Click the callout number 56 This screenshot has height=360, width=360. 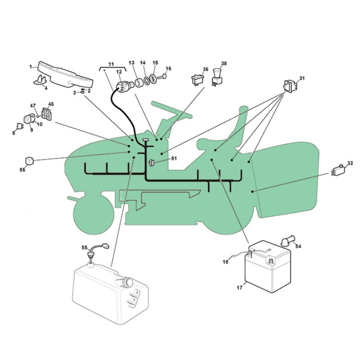pyautogui.click(x=22, y=170)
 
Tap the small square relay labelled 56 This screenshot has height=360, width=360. pyautogui.click(x=30, y=161)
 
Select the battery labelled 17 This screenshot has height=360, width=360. pyautogui.click(x=268, y=266)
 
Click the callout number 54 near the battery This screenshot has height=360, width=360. pyautogui.click(x=298, y=246)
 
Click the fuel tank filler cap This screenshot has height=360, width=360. pyautogui.click(x=128, y=282)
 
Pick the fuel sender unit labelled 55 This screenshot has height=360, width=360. pyautogui.click(x=97, y=252)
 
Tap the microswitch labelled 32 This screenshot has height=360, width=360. pyautogui.click(x=338, y=171)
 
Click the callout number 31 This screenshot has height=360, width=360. pyautogui.click(x=302, y=78)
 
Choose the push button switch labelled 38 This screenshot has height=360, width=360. pyautogui.click(x=217, y=77)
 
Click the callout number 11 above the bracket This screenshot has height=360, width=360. pyautogui.click(x=111, y=64)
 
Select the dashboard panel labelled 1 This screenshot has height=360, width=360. pyautogui.click(x=65, y=76)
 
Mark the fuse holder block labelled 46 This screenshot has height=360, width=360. pyautogui.click(x=47, y=114)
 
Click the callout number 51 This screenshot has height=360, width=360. pyautogui.click(x=174, y=158)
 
